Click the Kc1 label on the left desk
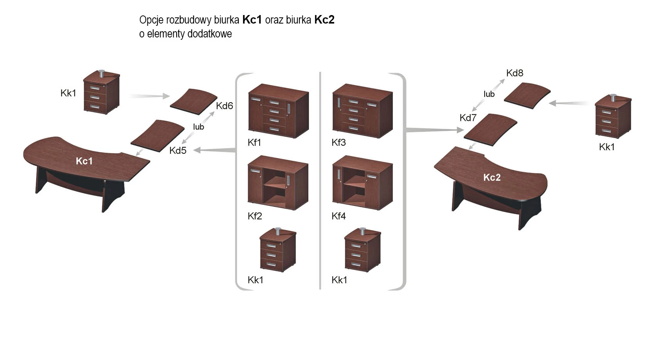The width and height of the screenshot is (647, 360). [x=84, y=161]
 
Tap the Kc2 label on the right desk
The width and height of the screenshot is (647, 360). [x=492, y=177]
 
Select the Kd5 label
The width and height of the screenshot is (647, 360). [x=178, y=150]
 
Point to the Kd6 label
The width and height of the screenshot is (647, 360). [x=225, y=106]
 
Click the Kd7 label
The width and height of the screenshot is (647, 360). [x=468, y=118]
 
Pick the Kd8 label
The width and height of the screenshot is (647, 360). [x=515, y=73]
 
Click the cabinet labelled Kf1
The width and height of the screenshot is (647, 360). [x=278, y=112]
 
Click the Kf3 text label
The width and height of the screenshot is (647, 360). [x=339, y=143]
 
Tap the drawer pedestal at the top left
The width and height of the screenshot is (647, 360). [x=101, y=92]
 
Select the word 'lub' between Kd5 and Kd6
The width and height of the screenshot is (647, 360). [x=198, y=127]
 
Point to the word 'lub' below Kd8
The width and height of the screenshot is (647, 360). [x=489, y=94]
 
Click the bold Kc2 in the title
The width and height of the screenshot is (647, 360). [x=324, y=20]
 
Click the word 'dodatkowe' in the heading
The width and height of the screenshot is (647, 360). [x=209, y=34]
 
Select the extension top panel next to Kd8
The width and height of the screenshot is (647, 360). [x=527, y=95]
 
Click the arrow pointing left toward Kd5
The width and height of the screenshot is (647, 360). [x=215, y=150]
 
